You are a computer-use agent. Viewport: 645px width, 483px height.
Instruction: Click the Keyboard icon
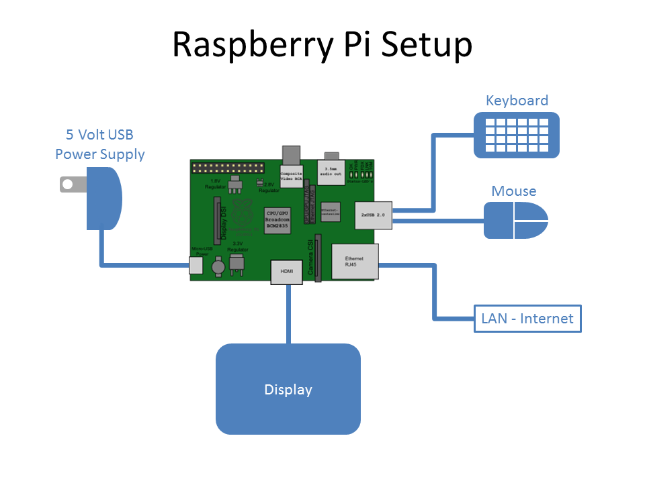[x=516, y=134]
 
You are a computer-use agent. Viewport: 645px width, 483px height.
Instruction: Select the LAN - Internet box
[x=527, y=318]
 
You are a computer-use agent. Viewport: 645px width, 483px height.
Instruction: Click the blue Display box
[x=288, y=389]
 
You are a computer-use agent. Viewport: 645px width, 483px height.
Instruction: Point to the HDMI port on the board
[x=287, y=272]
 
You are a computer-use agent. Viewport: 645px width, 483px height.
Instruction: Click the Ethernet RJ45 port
[x=354, y=262]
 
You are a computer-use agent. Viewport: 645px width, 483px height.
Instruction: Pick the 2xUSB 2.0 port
[x=373, y=215]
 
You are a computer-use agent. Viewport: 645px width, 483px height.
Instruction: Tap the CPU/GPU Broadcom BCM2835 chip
[x=277, y=219]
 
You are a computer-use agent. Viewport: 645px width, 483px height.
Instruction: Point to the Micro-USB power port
[x=196, y=265]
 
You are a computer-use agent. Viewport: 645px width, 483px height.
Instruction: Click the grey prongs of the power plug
[x=70, y=184]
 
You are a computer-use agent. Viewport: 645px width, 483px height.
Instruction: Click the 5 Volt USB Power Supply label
[x=99, y=144]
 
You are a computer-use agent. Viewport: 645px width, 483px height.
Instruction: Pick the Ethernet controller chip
[x=330, y=211]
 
